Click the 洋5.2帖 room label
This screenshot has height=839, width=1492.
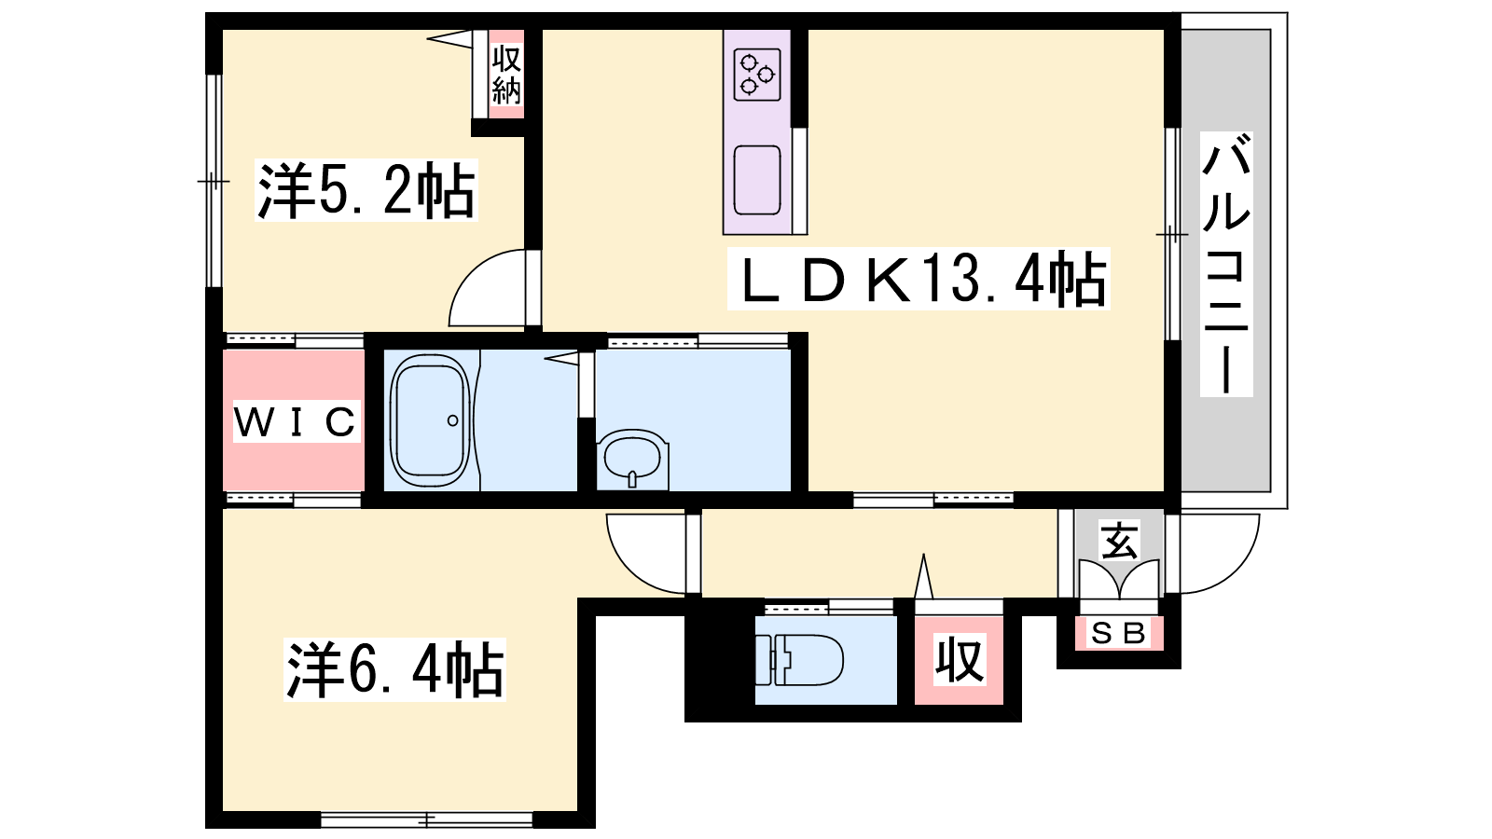[366, 190]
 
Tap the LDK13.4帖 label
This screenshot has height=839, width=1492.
[919, 279]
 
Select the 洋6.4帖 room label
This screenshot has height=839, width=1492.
[395, 669]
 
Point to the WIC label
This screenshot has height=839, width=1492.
[297, 421]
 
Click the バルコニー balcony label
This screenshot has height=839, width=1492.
[1226, 264]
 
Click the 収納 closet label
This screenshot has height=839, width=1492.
[506, 75]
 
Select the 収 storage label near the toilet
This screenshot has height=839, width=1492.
[960, 660]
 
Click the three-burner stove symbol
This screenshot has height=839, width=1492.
[757, 75]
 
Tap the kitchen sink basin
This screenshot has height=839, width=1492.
[757, 180]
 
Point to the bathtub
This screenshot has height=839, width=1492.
[430, 420]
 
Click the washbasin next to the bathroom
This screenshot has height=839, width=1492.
[633, 460]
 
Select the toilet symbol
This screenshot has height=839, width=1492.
[799, 660]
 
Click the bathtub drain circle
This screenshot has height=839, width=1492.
[453, 420]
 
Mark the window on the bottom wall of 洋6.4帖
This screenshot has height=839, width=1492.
[427, 819]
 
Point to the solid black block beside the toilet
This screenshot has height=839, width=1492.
[720, 660]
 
